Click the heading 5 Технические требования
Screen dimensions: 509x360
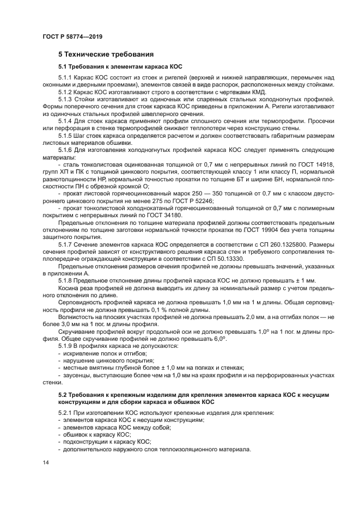106,54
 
